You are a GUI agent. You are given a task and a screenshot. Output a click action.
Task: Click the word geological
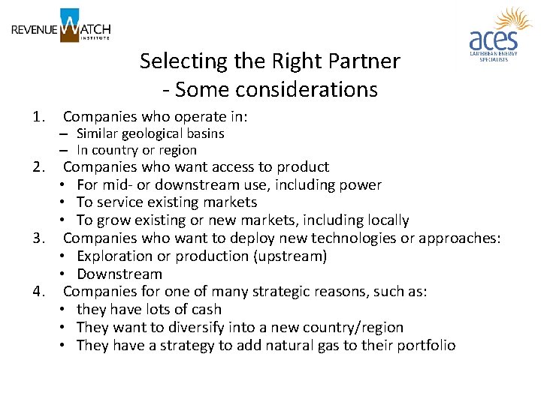[147, 133]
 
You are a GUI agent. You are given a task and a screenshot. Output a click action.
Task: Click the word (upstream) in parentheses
[289, 256]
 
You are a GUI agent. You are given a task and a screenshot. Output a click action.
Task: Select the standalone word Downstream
[119, 274]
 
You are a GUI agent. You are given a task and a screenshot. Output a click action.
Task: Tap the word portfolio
[426, 346]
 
